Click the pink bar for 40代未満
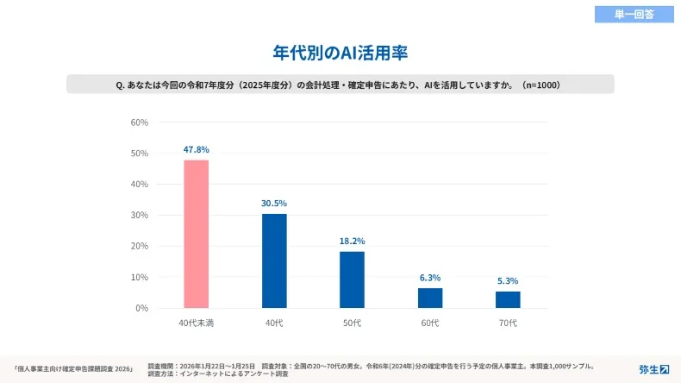point(196,234)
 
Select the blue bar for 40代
point(274,261)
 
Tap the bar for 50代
point(352,279)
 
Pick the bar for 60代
point(430,298)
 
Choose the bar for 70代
point(508,299)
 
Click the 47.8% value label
point(196,149)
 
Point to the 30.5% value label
point(274,204)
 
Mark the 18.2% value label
point(352,242)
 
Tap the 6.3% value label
point(430,278)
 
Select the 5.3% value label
point(508,281)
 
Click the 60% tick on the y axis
point(139,122)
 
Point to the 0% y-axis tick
point(141,308)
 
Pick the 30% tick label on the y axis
point(139,215)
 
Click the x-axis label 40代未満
point(196,323)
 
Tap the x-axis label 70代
point(508,323)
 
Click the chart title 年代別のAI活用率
point(340,53)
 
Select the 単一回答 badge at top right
point(634,14)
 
